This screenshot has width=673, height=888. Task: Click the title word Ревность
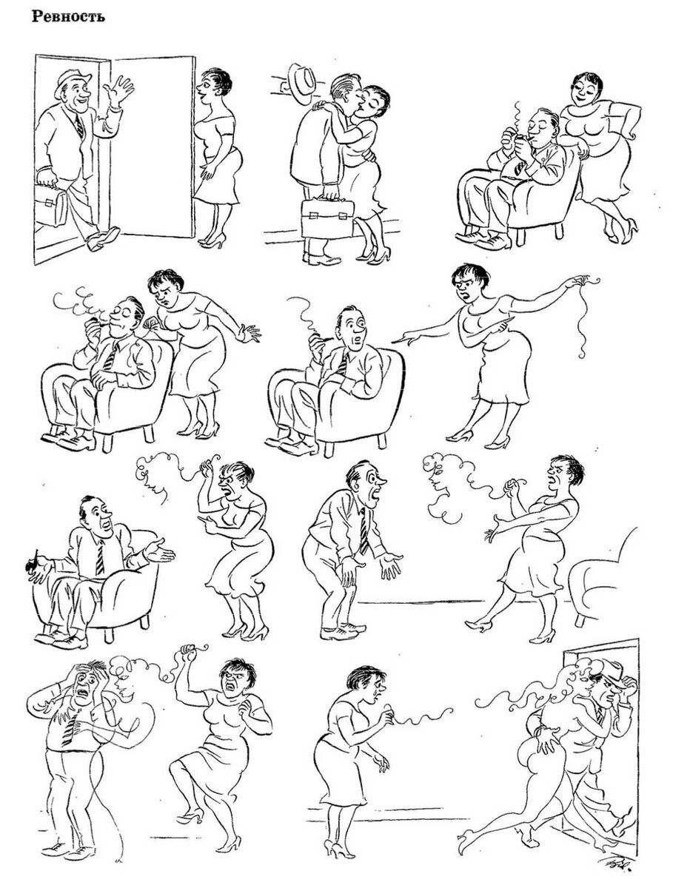[x=68, y=16]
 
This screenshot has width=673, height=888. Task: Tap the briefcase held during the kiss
[x=327, y=218]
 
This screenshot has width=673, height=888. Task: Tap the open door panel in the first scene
[x=153, y=147]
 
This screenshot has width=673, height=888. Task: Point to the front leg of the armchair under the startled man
[x=329, y=448]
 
